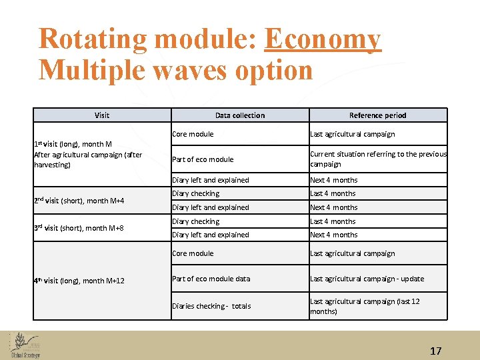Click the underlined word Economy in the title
323,39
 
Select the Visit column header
102,115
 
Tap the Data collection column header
240,115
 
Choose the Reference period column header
377,115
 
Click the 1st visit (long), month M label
73,144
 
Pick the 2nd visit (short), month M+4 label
79,201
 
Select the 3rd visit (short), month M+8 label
79,228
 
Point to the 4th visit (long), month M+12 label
79,281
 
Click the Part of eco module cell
203,159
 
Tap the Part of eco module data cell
211,279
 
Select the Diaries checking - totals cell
211,306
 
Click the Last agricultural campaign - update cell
367,279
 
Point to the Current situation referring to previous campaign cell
378,159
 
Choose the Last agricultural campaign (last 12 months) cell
365,306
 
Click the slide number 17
436,351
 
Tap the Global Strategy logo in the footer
25,345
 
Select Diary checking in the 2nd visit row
195,193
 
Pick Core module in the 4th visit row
193,253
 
